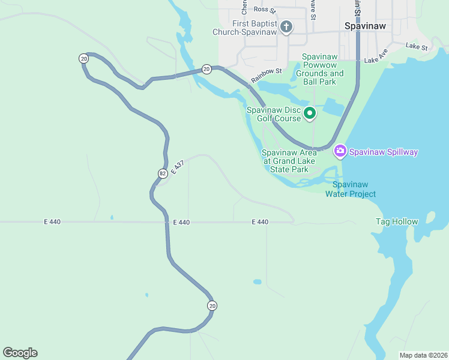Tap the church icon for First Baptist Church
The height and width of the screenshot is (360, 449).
[286, 27]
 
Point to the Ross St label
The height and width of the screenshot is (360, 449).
[264, 10]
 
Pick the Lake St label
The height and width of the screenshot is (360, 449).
[416, 46]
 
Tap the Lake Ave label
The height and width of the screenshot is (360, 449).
[376, 60]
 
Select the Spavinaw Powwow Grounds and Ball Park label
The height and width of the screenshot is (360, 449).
[319, 69]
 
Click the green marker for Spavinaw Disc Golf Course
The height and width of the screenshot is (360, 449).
[310, 113]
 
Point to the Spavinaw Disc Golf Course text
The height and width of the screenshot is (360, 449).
[274, 114]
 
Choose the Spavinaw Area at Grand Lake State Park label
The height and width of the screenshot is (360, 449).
[289, 161]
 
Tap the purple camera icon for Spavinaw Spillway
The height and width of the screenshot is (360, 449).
[340, 151]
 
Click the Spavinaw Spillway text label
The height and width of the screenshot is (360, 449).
[384, 152]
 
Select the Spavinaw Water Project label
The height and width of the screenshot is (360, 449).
[351, 189]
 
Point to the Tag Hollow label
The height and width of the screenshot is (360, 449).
[397, 222]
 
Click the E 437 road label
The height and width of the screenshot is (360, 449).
[176, 168]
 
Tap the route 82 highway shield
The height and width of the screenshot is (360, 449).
[163, 173]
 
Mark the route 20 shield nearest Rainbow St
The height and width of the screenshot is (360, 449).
[206, 70]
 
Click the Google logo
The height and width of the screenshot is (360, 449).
[20, 353]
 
